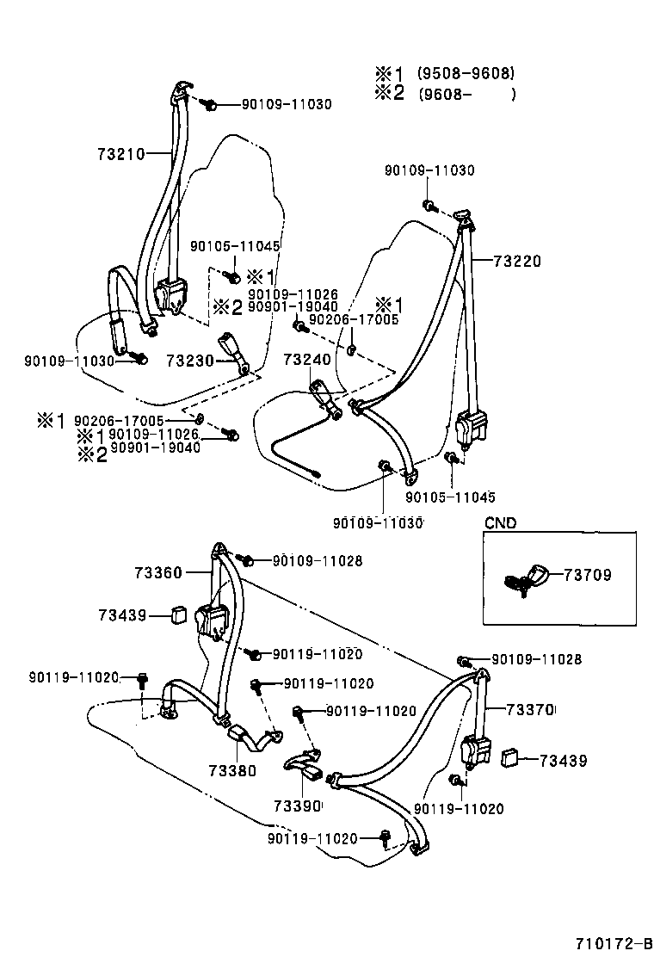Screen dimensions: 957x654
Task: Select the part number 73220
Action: pyautogui.click(x=517, y=261)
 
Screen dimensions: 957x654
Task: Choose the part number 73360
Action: pyautogui.click(x=157, y=571)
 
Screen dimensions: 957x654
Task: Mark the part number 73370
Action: pyautogui.click(x=530, y=709)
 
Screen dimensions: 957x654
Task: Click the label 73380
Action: pyautogui.click(x=231, y=770)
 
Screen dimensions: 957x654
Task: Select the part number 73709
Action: pyautogui.click(x=589, y=575)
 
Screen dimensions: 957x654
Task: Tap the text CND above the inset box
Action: pyautogui.click(x=500, y=522)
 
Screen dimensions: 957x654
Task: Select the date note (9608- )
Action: pyautogui.click(x=466, y=95)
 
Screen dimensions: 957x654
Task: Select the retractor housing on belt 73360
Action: pyautogui.click(x=212, y=620)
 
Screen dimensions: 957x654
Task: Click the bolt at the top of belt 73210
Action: pyautogui.click(x=208, y=105)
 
